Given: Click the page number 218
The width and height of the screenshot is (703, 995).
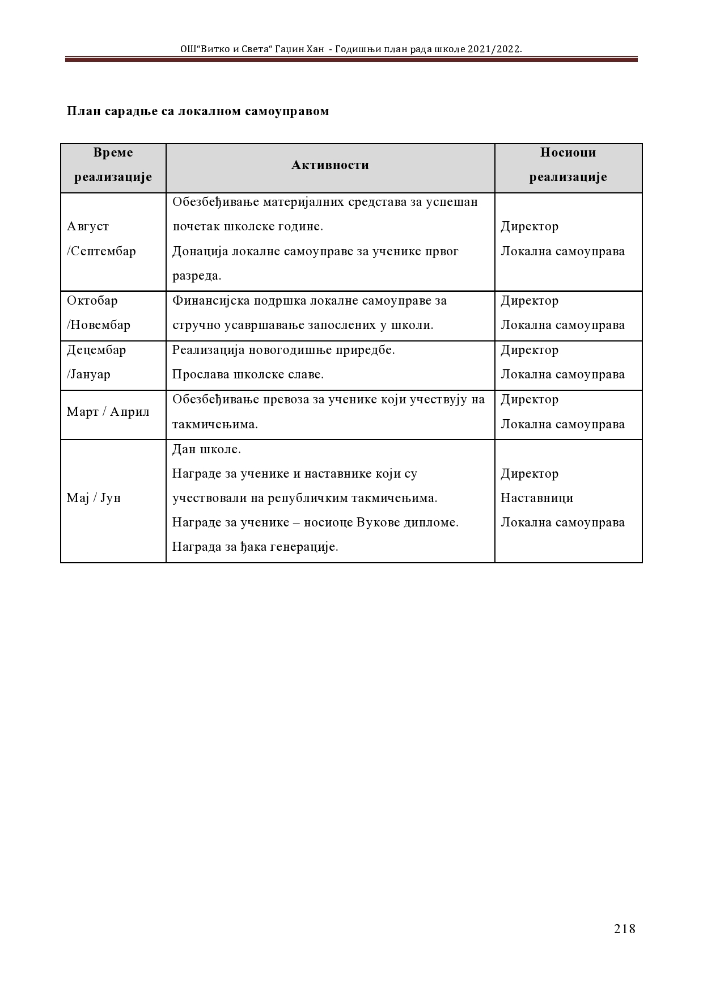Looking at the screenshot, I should [624, 929].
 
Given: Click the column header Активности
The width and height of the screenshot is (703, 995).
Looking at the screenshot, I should [330, 165].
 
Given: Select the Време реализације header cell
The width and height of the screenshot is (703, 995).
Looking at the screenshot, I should [113, 165].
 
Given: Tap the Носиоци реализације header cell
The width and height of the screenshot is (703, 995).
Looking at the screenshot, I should [568, 165].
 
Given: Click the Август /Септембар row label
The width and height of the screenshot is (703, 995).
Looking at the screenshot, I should [101, 239].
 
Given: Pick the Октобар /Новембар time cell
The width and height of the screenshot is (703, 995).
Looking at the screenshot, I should [99, 313].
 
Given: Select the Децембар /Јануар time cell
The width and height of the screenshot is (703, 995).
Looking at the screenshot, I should [96, 362].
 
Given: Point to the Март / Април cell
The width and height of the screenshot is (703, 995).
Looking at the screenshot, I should [108, 412].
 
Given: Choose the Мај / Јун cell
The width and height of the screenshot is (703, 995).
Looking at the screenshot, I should [94, 498].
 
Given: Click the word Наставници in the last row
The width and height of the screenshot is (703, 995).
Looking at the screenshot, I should [537, 498].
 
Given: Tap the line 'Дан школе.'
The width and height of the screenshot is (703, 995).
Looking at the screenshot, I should [206, 449].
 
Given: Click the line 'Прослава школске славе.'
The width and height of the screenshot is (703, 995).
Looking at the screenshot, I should [248, 374].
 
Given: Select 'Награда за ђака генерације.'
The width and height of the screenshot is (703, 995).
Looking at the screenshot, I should [255, 547].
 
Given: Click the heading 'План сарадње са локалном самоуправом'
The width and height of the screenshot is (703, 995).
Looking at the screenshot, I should [198, 111].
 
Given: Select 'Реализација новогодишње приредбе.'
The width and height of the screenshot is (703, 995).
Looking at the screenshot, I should [283, 350].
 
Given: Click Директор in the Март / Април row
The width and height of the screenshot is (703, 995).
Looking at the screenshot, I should [530, 399].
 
